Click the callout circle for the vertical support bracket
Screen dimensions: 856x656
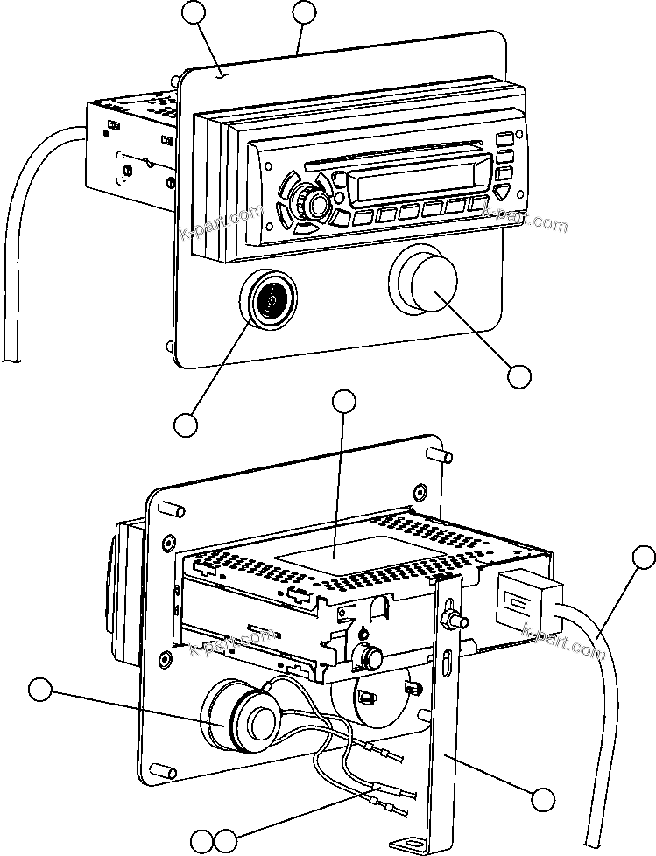544,798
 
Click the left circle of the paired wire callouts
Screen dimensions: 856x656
202,841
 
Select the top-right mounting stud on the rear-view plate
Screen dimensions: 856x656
443,456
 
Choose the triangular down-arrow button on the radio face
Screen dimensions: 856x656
502,193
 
